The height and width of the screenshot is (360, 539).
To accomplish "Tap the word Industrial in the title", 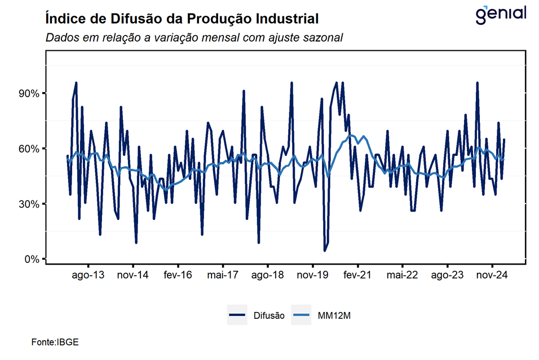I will point(287,19).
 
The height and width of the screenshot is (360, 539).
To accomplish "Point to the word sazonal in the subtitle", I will point(322,37).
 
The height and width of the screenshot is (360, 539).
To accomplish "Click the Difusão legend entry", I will point(257,316).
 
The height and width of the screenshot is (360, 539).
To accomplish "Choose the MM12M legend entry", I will point(324,316).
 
